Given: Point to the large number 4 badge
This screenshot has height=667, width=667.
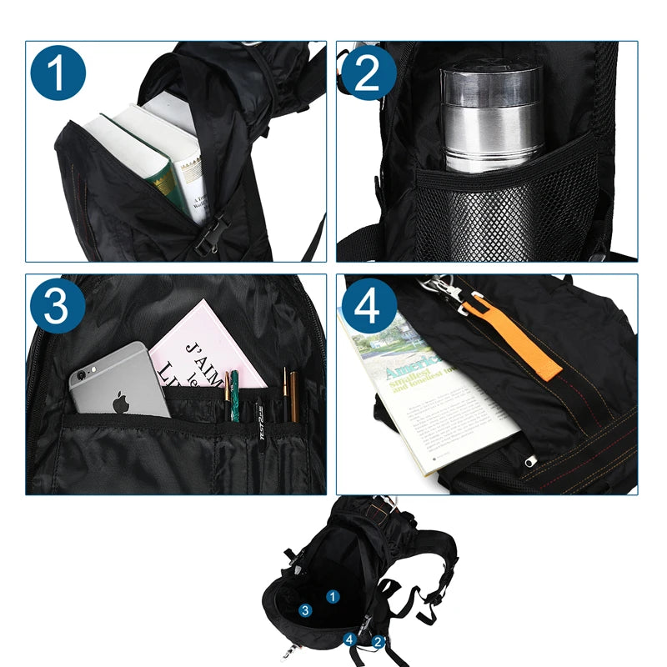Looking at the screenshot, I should click(x=368, y=307).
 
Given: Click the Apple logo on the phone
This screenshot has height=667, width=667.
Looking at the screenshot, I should click(x=122, y=401).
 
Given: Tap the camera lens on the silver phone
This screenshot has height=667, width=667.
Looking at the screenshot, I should click(x=81, y=375).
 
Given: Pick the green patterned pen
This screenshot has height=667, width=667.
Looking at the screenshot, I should click(x=235, y=396).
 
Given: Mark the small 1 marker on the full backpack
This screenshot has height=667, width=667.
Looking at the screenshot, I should click(x=333, y=596).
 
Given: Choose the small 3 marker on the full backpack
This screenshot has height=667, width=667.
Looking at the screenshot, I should click(x=306, y=610).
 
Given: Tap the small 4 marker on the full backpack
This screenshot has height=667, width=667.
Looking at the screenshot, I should click(x=351, y=639).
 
